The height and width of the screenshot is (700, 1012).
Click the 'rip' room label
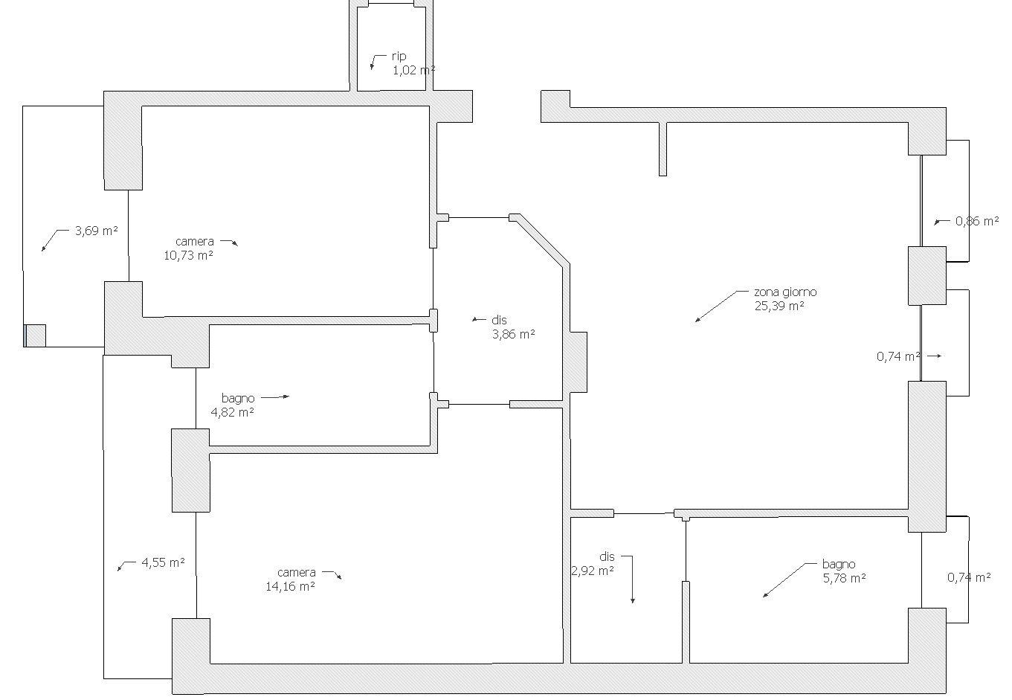(399, 57)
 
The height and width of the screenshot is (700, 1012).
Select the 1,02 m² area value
(413, 71)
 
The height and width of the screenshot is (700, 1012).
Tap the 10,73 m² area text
(188, 255)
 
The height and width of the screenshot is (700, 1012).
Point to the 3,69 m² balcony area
(96, 231)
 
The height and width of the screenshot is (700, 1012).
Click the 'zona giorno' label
(785, 292)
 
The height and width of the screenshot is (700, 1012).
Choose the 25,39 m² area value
(779, 306)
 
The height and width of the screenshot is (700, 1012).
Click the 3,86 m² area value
(513, 334)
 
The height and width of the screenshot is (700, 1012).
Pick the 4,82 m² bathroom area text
(233, 412)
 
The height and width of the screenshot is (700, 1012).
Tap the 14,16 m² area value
(290, 586)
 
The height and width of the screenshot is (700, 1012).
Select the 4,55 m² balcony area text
(163, 562)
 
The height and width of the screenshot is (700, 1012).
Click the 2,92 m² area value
(593, 571)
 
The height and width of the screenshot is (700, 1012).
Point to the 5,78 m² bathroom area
(844, 577)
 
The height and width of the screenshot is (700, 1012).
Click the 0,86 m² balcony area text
(976, 221)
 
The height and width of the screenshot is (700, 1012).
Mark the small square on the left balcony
(35, 335)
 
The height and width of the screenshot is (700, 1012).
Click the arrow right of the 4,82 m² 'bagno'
(274, 397)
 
